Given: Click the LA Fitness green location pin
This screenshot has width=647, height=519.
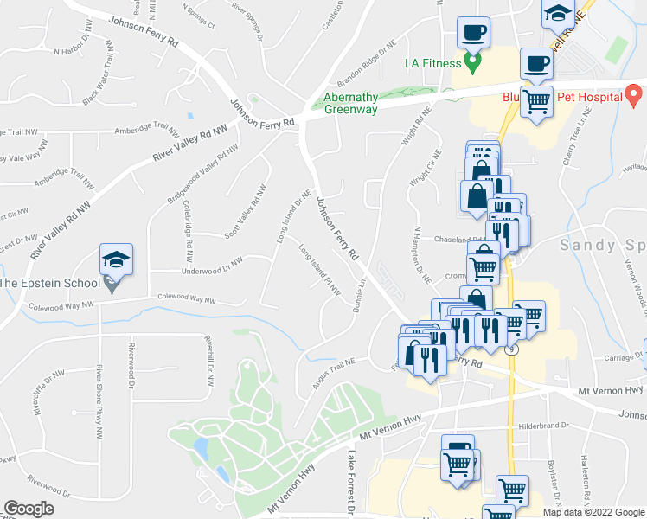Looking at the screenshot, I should (x=472, y=61).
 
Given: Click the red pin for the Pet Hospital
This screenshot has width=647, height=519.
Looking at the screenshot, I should (x=632, y=93).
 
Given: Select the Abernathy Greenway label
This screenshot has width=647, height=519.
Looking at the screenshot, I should (x=350, y=103).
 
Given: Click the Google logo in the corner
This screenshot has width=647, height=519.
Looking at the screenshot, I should (x=29, y=509).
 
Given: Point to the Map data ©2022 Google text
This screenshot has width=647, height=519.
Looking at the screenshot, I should (x=593, y=512).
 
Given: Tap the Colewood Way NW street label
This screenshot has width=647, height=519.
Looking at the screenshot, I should (x=186, y=298).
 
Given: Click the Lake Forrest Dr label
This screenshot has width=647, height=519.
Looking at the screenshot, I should (x=352, y=484).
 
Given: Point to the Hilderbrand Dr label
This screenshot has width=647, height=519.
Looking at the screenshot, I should (x=543, y=426).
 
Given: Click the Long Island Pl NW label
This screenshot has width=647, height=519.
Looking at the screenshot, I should (x=319, y=269).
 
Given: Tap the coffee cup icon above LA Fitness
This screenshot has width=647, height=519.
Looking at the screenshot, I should (x=472, y=33).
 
